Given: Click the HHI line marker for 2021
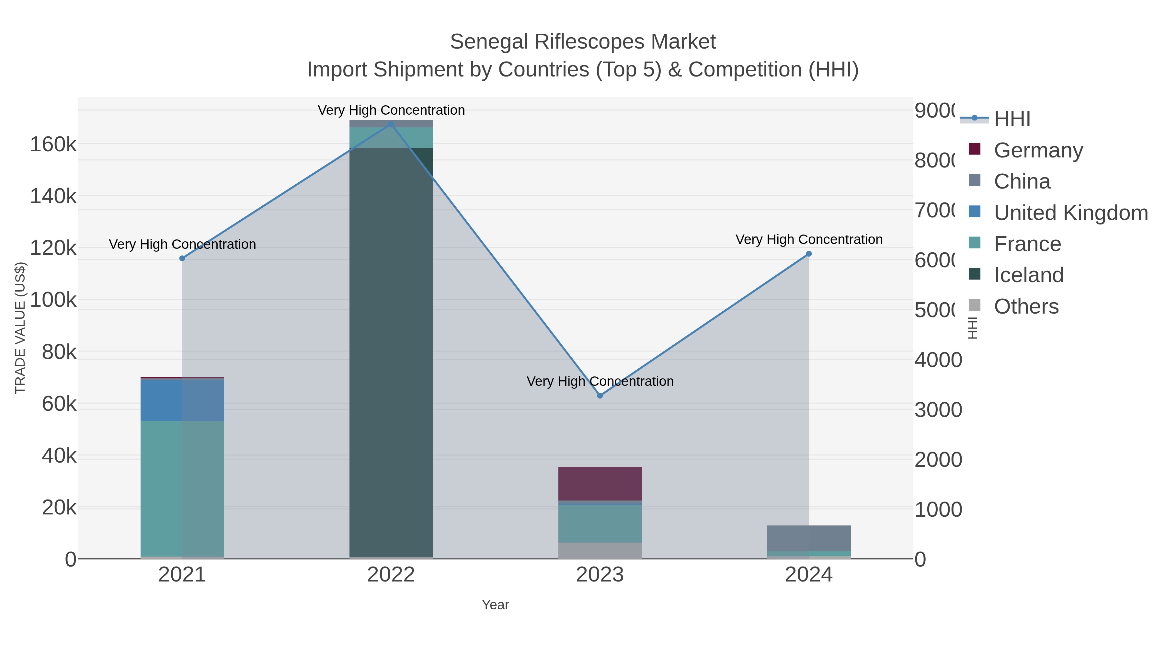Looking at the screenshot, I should point(182,259).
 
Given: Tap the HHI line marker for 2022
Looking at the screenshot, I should point(391,124).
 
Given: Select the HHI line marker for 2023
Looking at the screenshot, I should point(600,396).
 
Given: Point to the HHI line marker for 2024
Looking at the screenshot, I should point(809,254).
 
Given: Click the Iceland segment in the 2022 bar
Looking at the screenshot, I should point(391,353).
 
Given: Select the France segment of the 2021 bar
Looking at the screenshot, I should point(182,489).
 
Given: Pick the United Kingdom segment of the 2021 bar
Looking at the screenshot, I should point(182,401).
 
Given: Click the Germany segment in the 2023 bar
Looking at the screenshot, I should point(600,484).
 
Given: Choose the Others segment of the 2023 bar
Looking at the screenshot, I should point(600,550).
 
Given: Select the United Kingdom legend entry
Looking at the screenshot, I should point(1070,213).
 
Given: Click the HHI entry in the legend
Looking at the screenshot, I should point(1012,119).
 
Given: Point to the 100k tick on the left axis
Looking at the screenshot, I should point(53,300).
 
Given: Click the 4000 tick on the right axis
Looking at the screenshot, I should point(938,360).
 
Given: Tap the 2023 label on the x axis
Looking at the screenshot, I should point(600,575).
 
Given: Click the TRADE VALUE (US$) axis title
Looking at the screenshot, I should point(20,328).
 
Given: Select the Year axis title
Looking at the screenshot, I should point(495,605).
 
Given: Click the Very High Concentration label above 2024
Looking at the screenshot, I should point(809,239).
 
